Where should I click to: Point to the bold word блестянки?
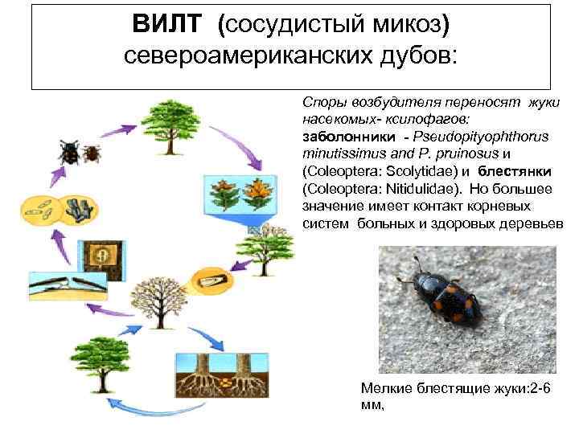[x=513, y=172]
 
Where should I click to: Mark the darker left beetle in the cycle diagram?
[x=68, y=150]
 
